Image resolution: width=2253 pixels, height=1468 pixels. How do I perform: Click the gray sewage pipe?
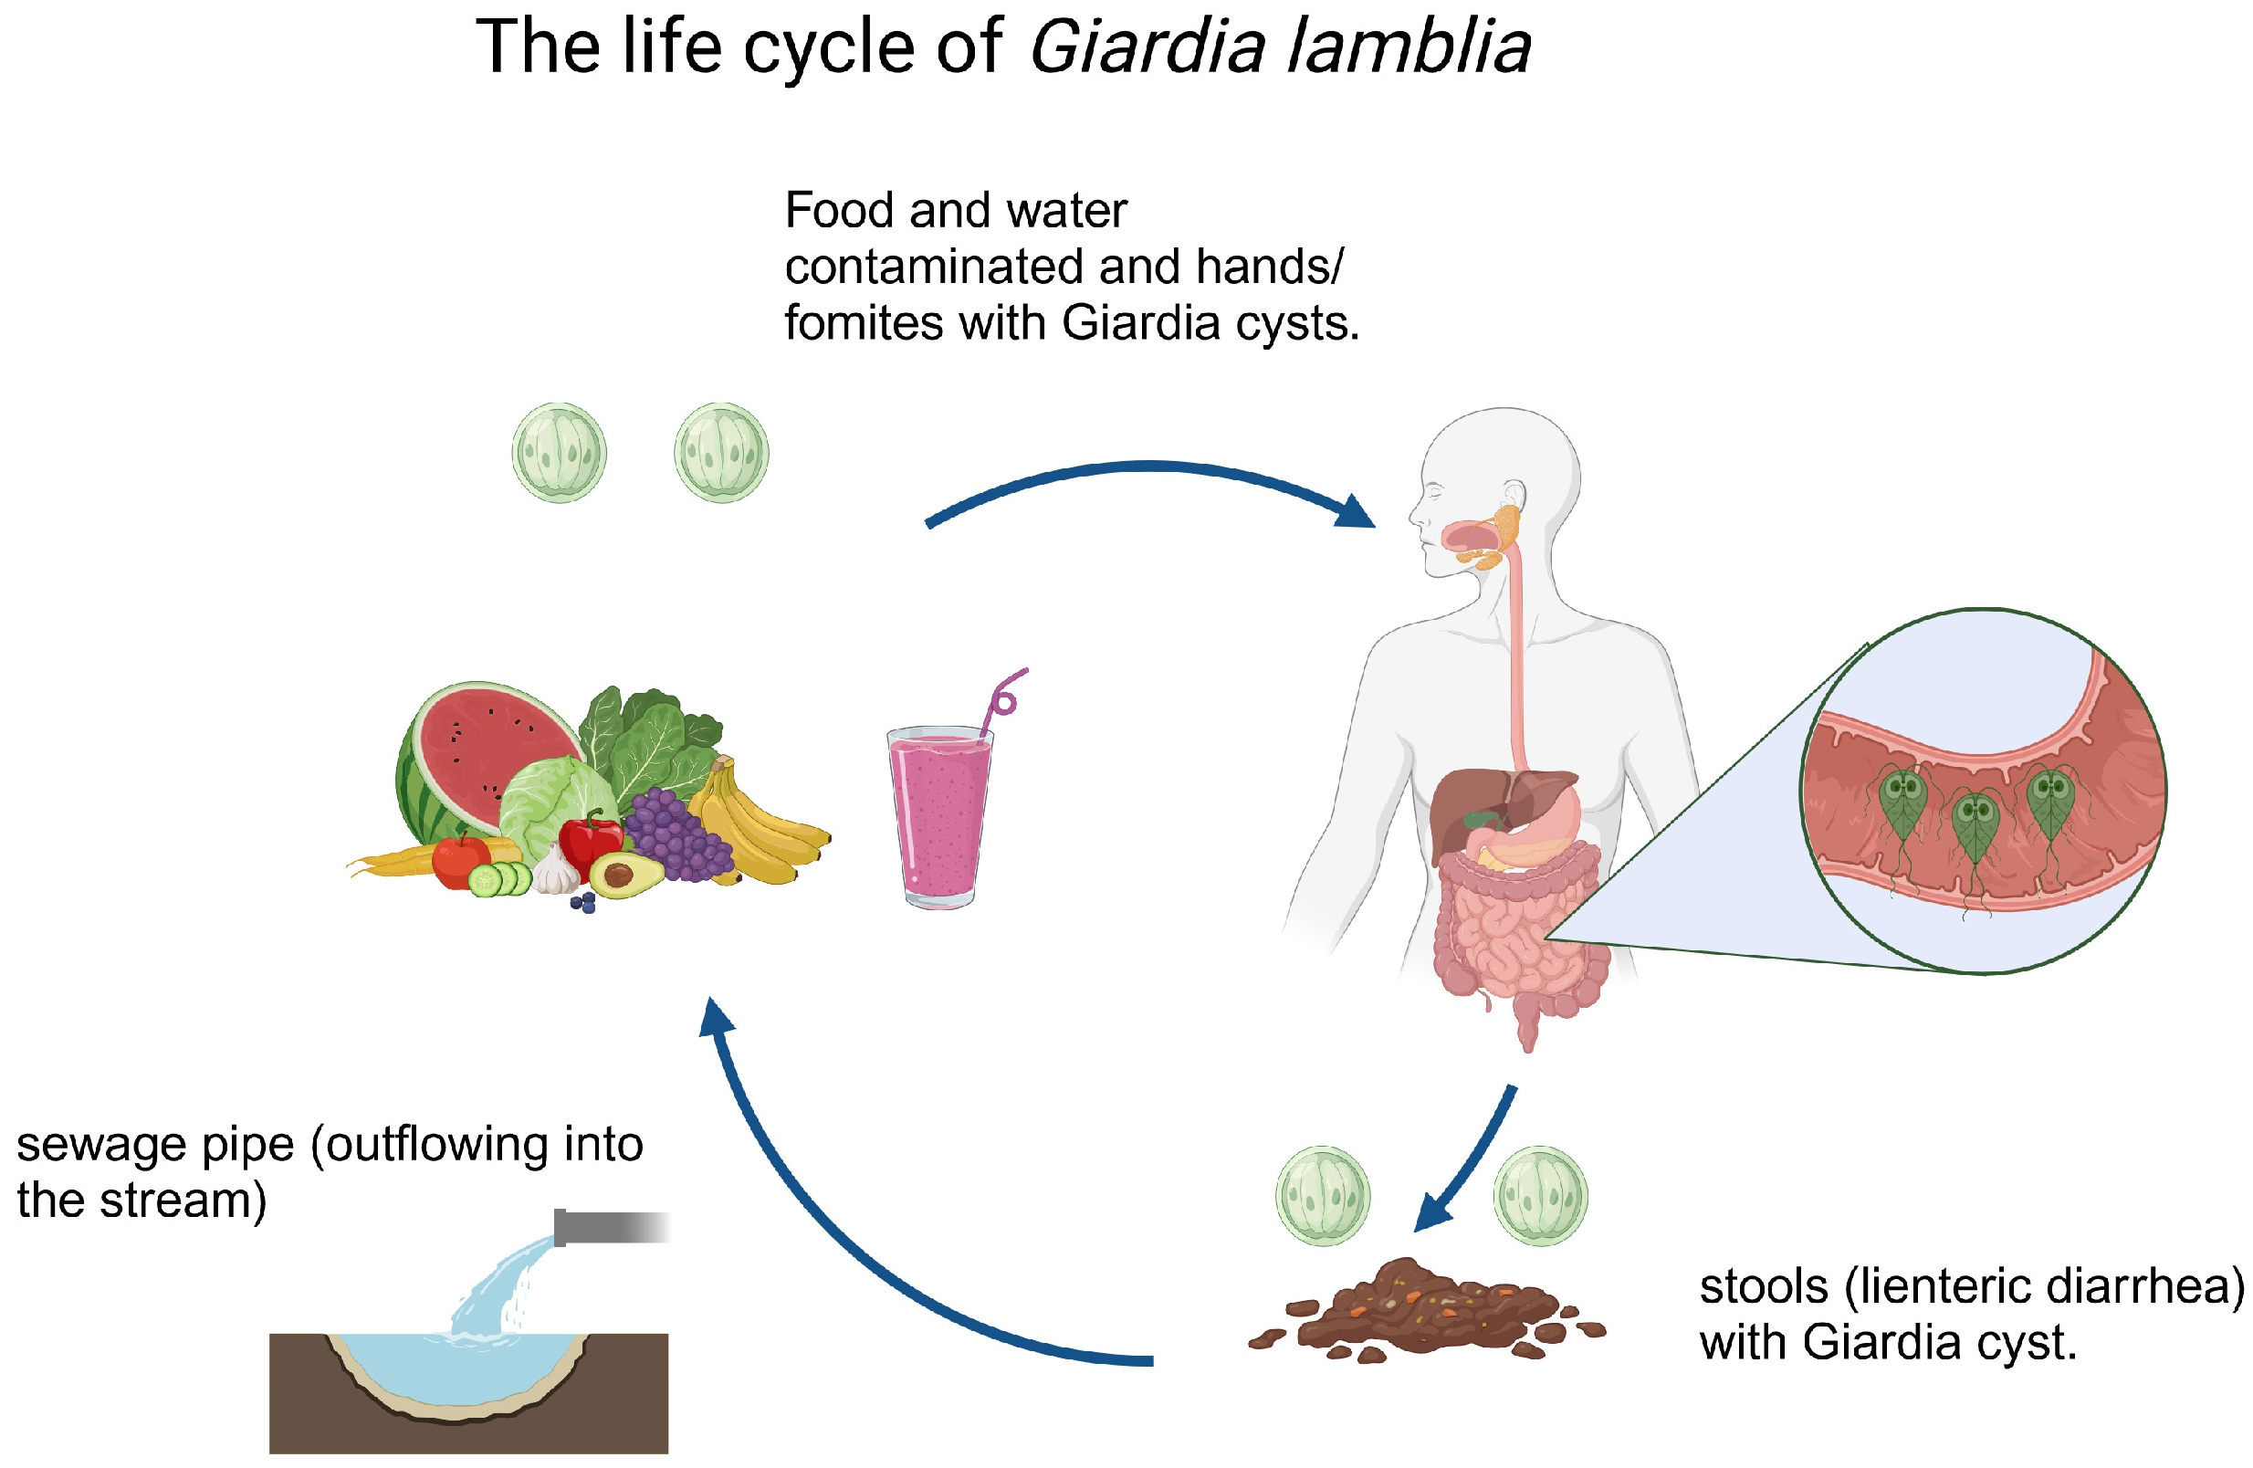coord(606,1228)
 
